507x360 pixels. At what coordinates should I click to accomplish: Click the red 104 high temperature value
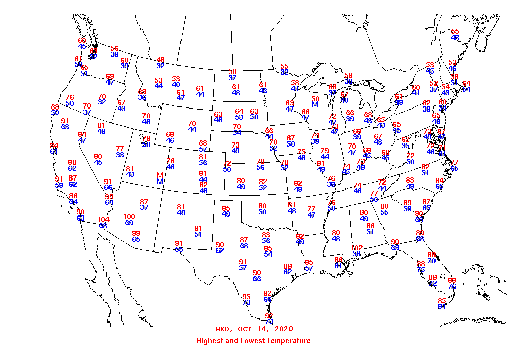coord(103,220)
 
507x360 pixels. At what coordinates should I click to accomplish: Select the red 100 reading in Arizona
coord(129,217)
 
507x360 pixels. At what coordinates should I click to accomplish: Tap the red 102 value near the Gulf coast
coord(357,248)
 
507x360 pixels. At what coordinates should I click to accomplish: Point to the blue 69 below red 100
coord(129,223)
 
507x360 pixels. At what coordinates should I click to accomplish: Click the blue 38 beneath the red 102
coord(357,254)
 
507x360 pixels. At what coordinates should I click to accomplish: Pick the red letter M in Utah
coord(160,175)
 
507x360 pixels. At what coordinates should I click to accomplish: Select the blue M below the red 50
coord(315,104)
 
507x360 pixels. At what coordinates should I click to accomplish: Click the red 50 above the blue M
coord(315,99)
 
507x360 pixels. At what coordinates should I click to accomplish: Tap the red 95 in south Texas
coord(247,297)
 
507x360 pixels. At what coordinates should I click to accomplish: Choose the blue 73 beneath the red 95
coord(247,303)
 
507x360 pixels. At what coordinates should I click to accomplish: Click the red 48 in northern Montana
coord(160,60)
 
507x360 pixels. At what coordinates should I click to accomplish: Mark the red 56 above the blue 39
coord(115,48)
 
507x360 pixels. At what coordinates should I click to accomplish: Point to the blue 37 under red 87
coord(144,208)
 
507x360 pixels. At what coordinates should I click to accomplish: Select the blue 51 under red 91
coord(198,234)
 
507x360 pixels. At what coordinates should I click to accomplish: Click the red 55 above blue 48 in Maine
coord(455,31)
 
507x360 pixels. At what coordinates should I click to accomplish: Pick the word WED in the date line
coord(223,329)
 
